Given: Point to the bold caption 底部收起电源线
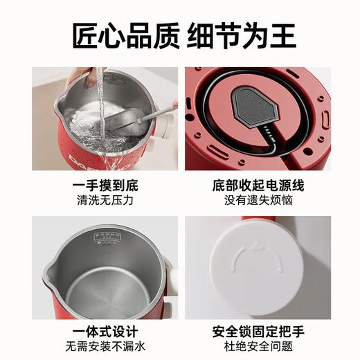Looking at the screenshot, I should coord(255,186).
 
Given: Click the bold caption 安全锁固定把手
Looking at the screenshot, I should coord(255,332).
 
